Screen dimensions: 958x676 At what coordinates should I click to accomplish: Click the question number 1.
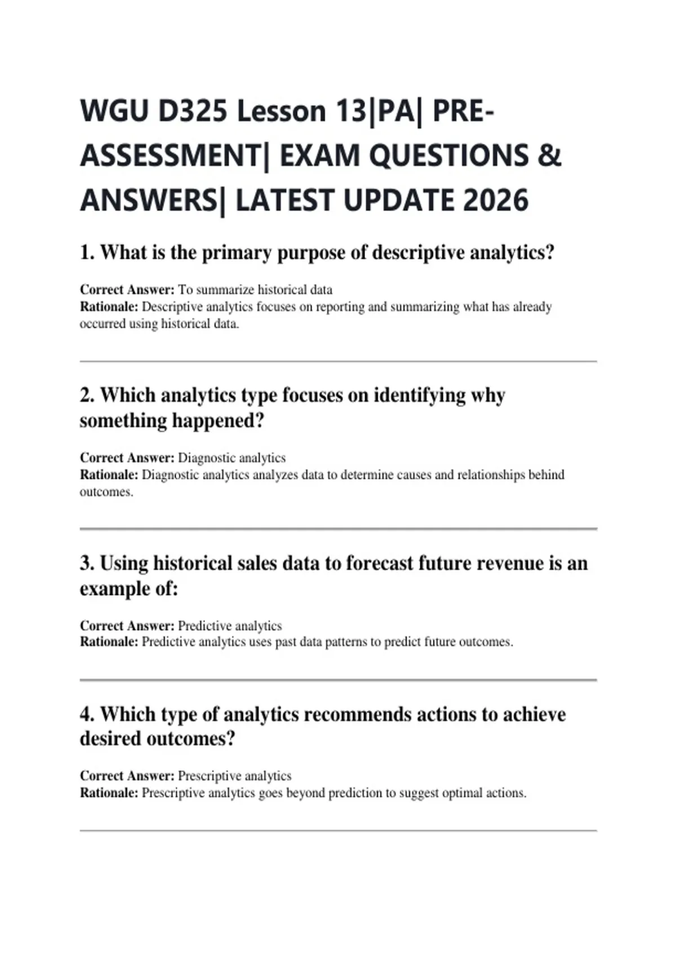87,252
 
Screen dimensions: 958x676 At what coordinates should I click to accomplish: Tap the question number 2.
87,395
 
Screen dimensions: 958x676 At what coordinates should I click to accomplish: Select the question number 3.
87,563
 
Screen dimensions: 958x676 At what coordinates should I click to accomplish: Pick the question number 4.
87,714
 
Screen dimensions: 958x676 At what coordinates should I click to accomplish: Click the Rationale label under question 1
109,307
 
